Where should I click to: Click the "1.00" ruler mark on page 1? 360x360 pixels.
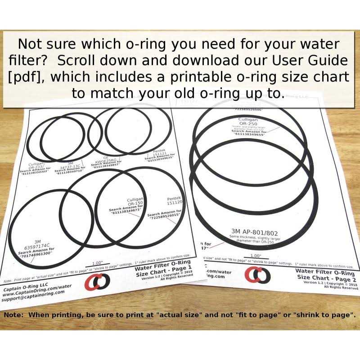(x=97, y=263)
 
